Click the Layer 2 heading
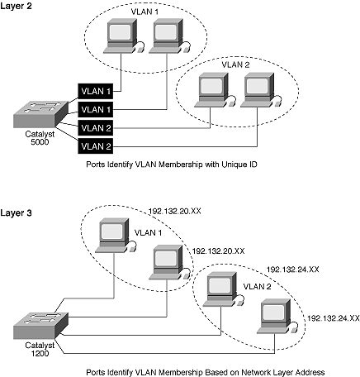16,6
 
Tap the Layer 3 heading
16,212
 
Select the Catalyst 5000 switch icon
40,114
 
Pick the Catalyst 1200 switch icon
40,326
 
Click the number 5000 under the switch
40,142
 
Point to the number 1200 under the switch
40,353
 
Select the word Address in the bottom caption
310,372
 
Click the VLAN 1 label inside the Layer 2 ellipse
144,12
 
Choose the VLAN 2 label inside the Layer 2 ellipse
235,64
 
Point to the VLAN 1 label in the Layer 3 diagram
148,233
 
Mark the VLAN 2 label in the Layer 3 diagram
257,287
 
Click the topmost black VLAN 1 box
96,91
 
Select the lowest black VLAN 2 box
96,146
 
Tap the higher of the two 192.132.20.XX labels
175,212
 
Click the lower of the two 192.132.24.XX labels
334,318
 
